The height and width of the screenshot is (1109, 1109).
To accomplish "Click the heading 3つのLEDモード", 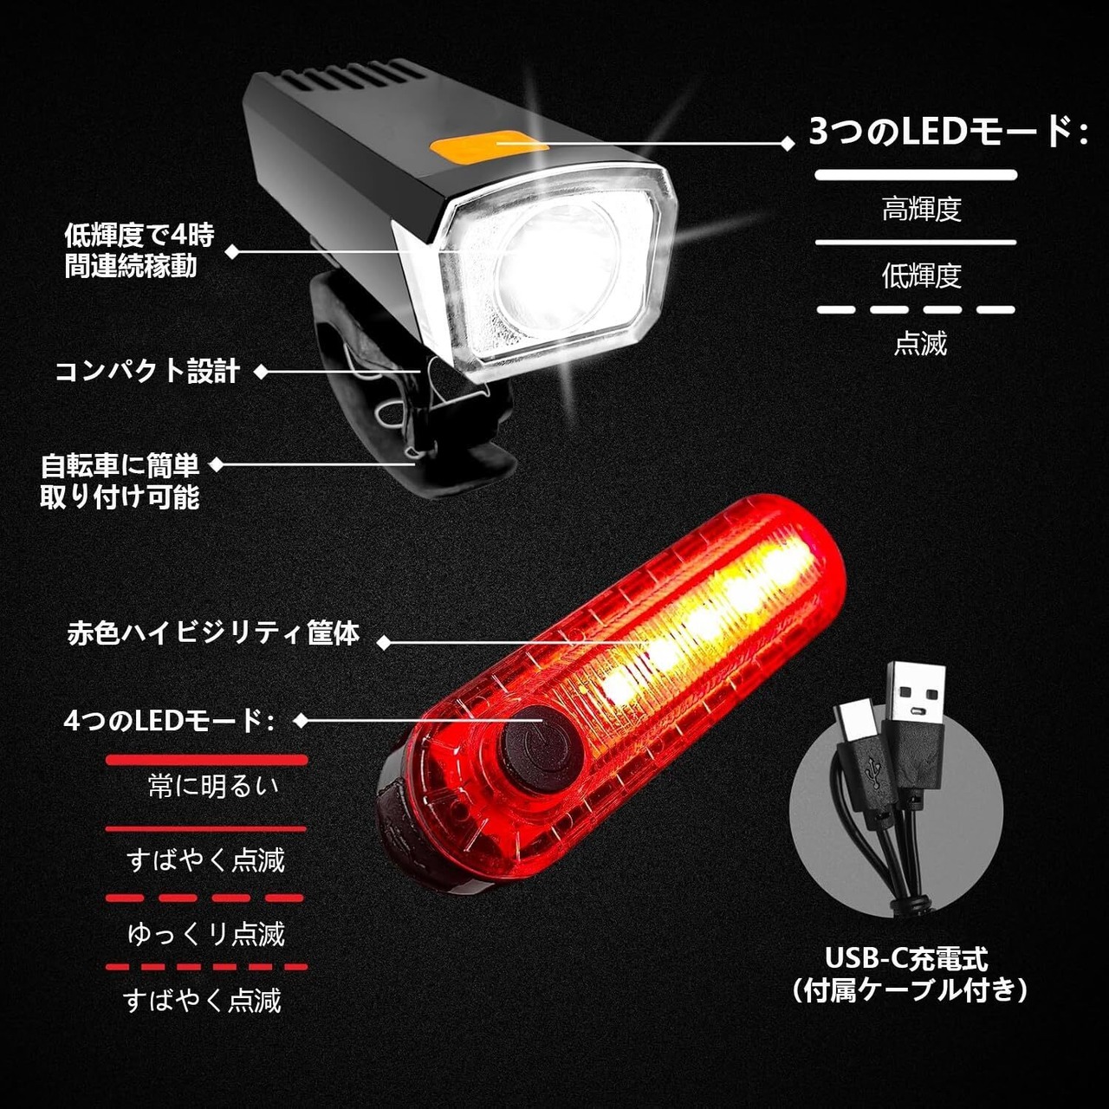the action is [x=948, y=132].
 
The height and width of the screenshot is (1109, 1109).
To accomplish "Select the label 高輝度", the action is [x=921, y=209].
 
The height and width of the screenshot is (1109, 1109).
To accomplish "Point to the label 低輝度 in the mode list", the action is [x=921, y=276].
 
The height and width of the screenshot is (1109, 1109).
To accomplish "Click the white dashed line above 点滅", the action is [x=916, y=309].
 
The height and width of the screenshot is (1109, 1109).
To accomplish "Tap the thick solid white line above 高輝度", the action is [x=916, y=175].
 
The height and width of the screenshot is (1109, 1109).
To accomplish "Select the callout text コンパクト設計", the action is [x=147, y=371].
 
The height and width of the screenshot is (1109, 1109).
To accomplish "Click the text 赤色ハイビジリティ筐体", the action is [x=214, y=633].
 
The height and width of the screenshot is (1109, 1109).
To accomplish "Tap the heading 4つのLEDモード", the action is [x=169, y=721].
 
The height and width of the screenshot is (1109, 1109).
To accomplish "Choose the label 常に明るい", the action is [x=213, y=786].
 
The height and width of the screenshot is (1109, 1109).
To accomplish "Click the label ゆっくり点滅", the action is [x=206, y=934].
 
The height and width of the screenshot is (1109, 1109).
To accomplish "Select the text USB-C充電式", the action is [x=906, y=958].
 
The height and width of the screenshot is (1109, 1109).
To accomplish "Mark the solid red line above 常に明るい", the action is [x=206, y=760].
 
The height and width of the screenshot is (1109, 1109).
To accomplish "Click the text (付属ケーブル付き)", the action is [x=910, y=989].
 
